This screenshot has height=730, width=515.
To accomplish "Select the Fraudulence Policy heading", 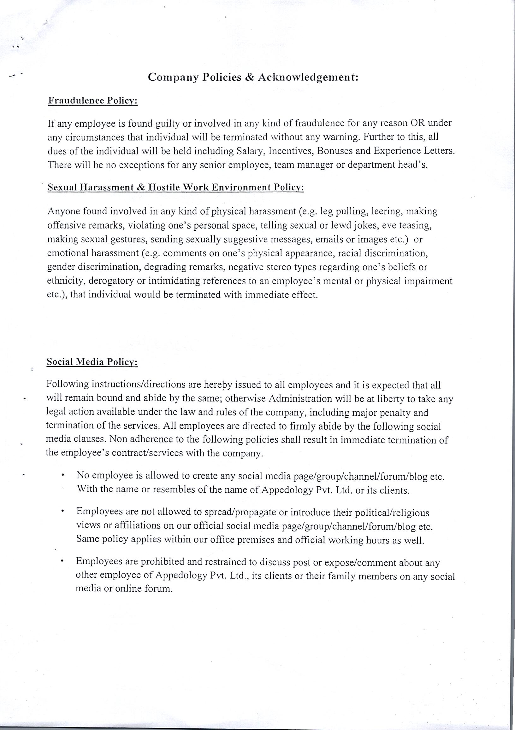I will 93,101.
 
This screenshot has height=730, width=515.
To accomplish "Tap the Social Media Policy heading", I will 92,362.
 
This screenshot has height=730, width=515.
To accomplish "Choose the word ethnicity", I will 66,281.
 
